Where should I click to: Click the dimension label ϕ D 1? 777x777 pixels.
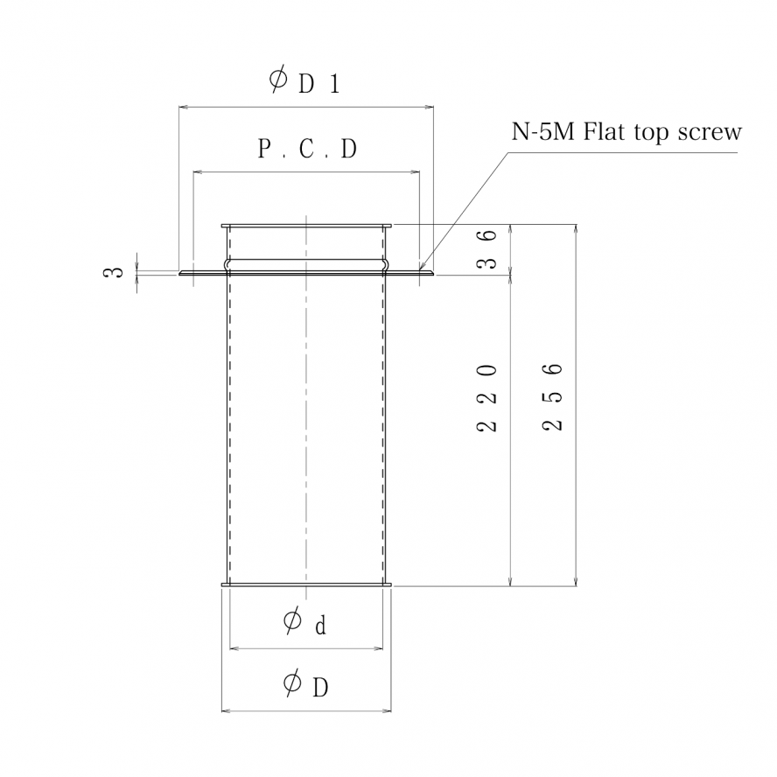coord(304,81)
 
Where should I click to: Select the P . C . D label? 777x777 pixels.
coord(307,150)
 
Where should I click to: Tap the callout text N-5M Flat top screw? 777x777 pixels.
coord(626,133)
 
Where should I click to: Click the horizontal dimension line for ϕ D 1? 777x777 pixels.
coord(305,108)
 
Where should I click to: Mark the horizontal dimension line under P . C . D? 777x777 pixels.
coord(306,172)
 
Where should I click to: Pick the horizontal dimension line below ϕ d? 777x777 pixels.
coord(305,648)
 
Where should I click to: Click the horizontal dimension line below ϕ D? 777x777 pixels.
coord(305,710)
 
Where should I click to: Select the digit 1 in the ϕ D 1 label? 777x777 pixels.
coord(334,84)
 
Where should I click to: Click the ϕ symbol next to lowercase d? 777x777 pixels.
coord(293,622)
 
